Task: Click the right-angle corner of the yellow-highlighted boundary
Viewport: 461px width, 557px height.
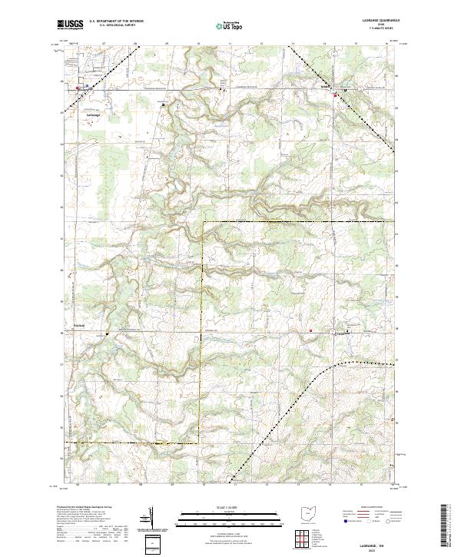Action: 203,221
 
